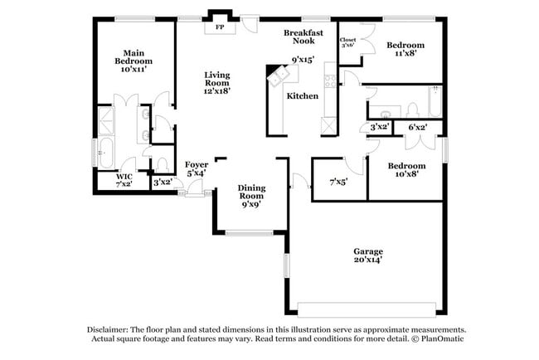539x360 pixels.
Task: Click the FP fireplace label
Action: click(x=220, y=27)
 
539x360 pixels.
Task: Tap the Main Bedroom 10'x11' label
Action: click(x=134, y=61)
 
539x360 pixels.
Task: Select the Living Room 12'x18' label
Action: click(x=217, y=83)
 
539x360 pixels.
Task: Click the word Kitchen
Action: click(x=303, y=96)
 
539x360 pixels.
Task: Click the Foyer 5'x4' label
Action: click(x=197, y=169)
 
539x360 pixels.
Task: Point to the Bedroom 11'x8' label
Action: click(x=405, y=49)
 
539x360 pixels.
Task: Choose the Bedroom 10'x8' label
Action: click(x=407, y=170)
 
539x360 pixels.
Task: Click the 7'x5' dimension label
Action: click(x=338, y=180)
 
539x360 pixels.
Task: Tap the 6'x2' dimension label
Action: click(x=418, y=127)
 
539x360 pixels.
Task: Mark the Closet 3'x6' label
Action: click(x=348, y=42)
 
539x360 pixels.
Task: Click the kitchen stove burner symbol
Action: click(x=330, y=80)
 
